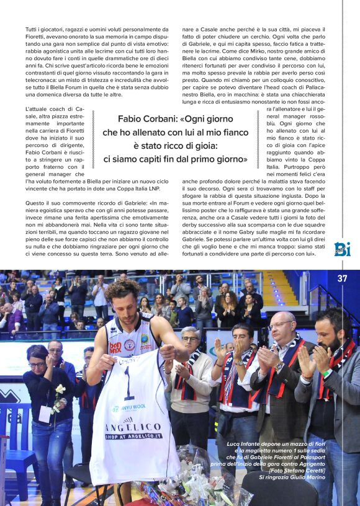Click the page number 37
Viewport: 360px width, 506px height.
coord(342,278)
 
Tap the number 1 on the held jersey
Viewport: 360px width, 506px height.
coord(128,385)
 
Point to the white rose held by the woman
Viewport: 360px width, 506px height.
coord(60,389)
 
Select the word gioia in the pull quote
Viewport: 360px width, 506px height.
coord(202,146)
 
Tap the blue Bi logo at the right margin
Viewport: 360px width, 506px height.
coord(342,249)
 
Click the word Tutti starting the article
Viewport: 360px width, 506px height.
coord(31,29)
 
